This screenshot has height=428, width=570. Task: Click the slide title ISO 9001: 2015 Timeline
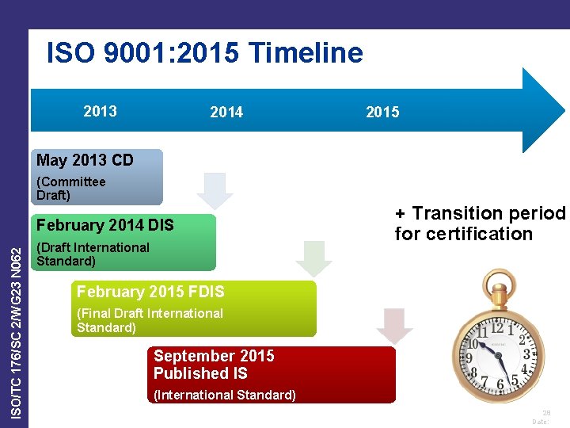point(205,53)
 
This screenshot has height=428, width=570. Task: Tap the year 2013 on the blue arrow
point(100,111)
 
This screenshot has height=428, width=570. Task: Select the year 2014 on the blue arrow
point(226,113)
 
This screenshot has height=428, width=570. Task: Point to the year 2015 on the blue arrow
point(382,113)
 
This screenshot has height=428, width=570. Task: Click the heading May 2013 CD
point(85,160)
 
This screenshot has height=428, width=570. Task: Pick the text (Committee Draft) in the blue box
point(71,189)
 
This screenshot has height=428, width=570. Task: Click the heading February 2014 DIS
point(105,225)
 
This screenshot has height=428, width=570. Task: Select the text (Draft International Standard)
point(93,254)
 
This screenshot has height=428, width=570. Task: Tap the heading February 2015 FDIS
point(150,292)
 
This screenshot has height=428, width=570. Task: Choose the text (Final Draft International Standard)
point(150,320)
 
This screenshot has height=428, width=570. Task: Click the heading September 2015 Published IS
point(214,365)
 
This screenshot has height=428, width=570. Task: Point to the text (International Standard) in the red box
point(225,395)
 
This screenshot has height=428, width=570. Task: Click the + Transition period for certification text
point(480,224)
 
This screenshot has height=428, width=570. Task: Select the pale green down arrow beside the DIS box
point(314,258)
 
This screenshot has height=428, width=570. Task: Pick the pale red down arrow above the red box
point(394,326)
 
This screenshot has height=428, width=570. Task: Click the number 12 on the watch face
point(498,327)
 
